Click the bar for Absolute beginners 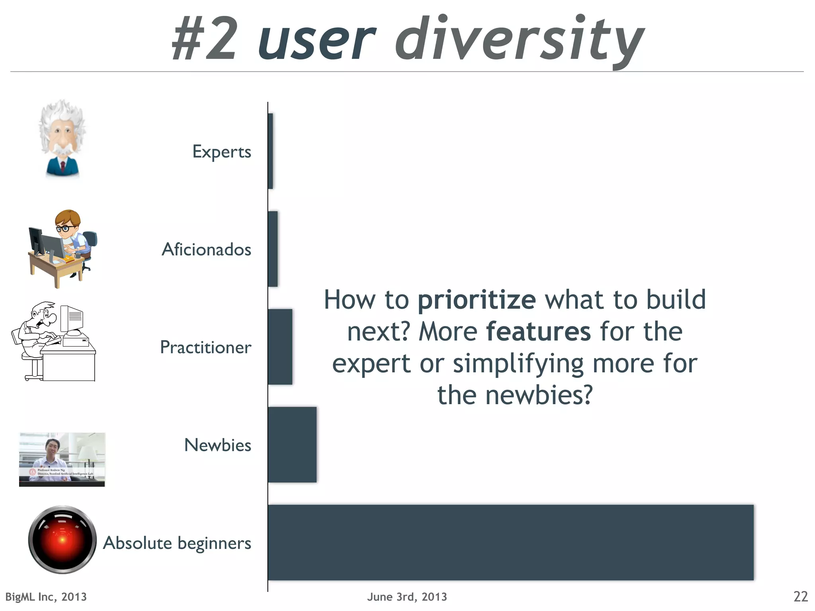coord(511,542)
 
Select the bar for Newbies coord(292,444)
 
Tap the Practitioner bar coord(280,346)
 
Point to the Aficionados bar coord(273,249)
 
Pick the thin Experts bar coord(271,151)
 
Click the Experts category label coord(222,152)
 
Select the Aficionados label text coord(206,249)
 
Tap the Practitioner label coord(205,347)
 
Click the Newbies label coord(218,445)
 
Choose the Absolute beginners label coord(177,543)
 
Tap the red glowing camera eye coord(62,539)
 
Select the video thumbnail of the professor coord(62,459)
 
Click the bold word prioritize coord(476,300)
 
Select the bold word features coord(538,331)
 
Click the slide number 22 coord(800,597)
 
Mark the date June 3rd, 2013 coord(407,597)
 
